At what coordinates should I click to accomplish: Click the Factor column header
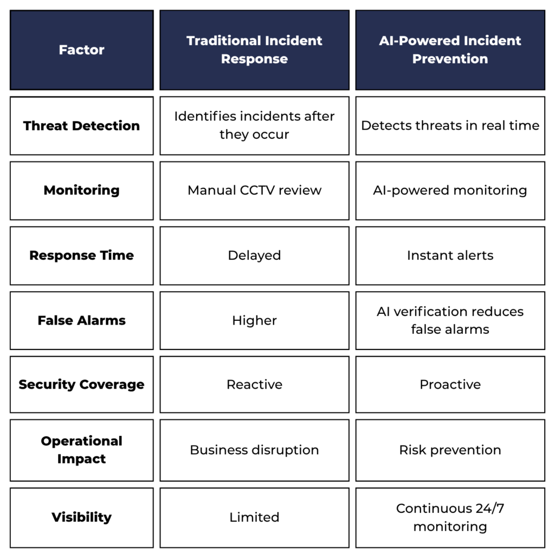(x=82, y=50)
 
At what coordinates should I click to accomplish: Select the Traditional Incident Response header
(x=255, y=50)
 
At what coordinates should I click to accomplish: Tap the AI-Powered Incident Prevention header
(x=450, y=50)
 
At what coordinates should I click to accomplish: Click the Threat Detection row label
(x=82, y=126)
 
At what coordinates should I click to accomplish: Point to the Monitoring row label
(x=82, y=191)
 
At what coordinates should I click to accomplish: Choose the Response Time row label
(x=82, y=256)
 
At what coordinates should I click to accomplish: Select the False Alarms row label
(x=82, y=321)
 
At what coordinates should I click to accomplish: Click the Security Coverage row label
(x=82, y=384)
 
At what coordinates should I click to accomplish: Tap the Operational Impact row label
(x=82, y=450)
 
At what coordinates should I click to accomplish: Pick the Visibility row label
(x=82, y=518)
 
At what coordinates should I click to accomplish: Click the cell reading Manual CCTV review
(x=255, y=191)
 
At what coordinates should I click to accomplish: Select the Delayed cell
(x=255, y=256)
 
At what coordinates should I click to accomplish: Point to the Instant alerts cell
(x=450, y=256)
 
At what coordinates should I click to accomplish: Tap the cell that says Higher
(x=255, y=321)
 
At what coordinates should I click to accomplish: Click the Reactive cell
(x=255, y=384)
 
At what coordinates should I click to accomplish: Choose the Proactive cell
(x=450, y=384)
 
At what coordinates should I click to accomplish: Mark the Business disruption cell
(x=255, y=450)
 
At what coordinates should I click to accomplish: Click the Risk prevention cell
(x=450, y=450)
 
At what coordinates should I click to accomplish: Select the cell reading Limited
(x=255, y=518)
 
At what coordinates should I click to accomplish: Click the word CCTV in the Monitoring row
(x=257, y=190)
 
